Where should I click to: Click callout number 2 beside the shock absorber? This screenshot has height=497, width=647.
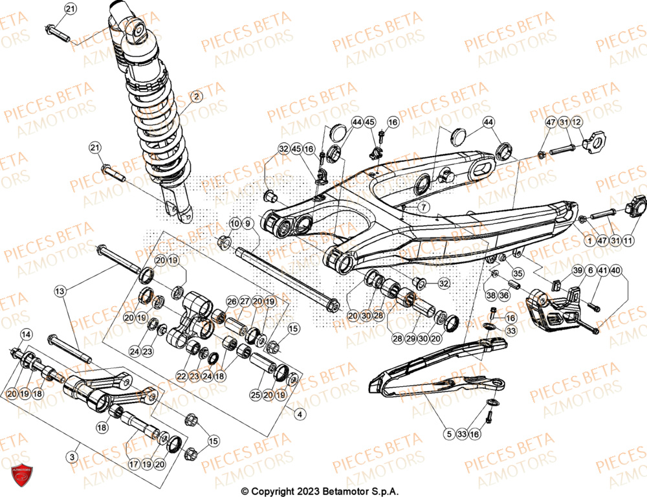click(x=197, y=97)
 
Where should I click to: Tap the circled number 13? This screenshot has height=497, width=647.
click(x=60, y=293)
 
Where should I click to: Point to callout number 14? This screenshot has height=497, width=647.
click(x=26, y=335)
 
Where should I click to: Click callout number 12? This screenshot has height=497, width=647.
click(x=576, y=122)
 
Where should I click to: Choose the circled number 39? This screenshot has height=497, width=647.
click(x=577, y=270)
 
